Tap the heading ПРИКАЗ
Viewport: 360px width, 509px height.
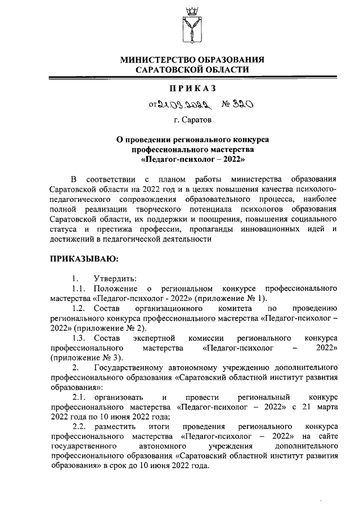click(x=193, y=88)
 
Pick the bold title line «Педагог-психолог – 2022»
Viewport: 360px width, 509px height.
click(x=193, y=159)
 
